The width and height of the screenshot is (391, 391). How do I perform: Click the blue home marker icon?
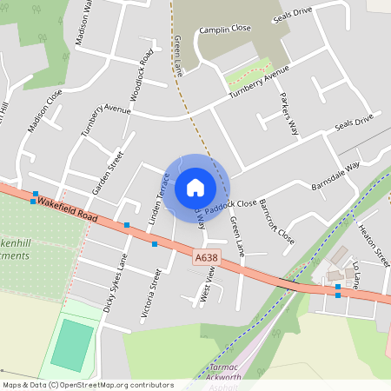195,187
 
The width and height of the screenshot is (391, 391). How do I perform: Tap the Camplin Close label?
224,29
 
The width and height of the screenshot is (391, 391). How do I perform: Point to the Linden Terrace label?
157,200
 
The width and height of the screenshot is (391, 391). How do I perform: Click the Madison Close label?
45,112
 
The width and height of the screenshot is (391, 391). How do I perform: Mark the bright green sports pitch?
71,346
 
